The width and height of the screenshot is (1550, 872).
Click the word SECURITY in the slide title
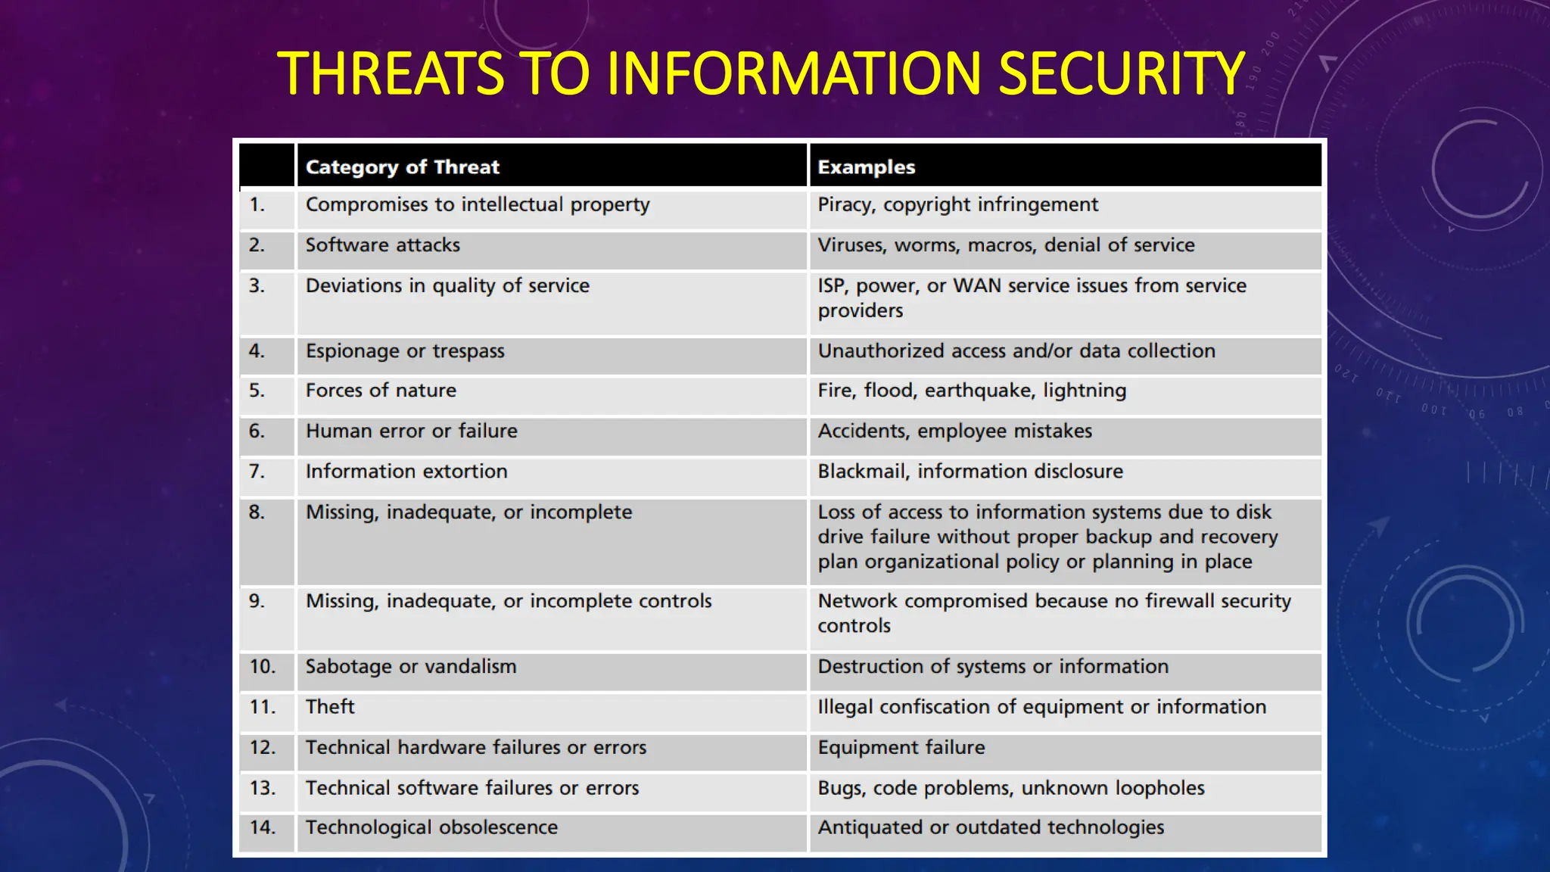[1121, 73]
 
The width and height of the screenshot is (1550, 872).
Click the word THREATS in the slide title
[391, 73]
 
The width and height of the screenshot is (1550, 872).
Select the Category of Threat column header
[403, 167]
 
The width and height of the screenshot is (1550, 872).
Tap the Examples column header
[866, 167]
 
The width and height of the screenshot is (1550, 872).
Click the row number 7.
[257, 472]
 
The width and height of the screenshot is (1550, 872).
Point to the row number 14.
[262, 827]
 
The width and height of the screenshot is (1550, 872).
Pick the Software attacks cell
[382, 245]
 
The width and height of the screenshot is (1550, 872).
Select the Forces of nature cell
[381, 391]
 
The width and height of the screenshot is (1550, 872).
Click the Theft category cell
[330, 707]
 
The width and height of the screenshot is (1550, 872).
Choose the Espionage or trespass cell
[405, 351]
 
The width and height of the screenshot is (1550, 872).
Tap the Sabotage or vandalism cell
[411, 667]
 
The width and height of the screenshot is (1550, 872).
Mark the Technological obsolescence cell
[431, 827]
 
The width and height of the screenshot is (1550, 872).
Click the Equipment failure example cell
[901, 748]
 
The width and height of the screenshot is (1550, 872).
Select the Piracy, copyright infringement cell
[957, 205]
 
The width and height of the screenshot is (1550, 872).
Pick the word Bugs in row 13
[839, 788]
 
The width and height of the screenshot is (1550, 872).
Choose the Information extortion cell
[406, 472]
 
